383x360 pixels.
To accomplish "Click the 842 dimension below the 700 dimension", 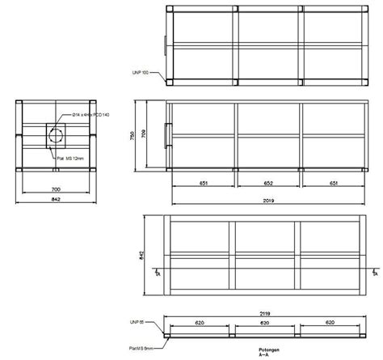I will pos(55,198).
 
